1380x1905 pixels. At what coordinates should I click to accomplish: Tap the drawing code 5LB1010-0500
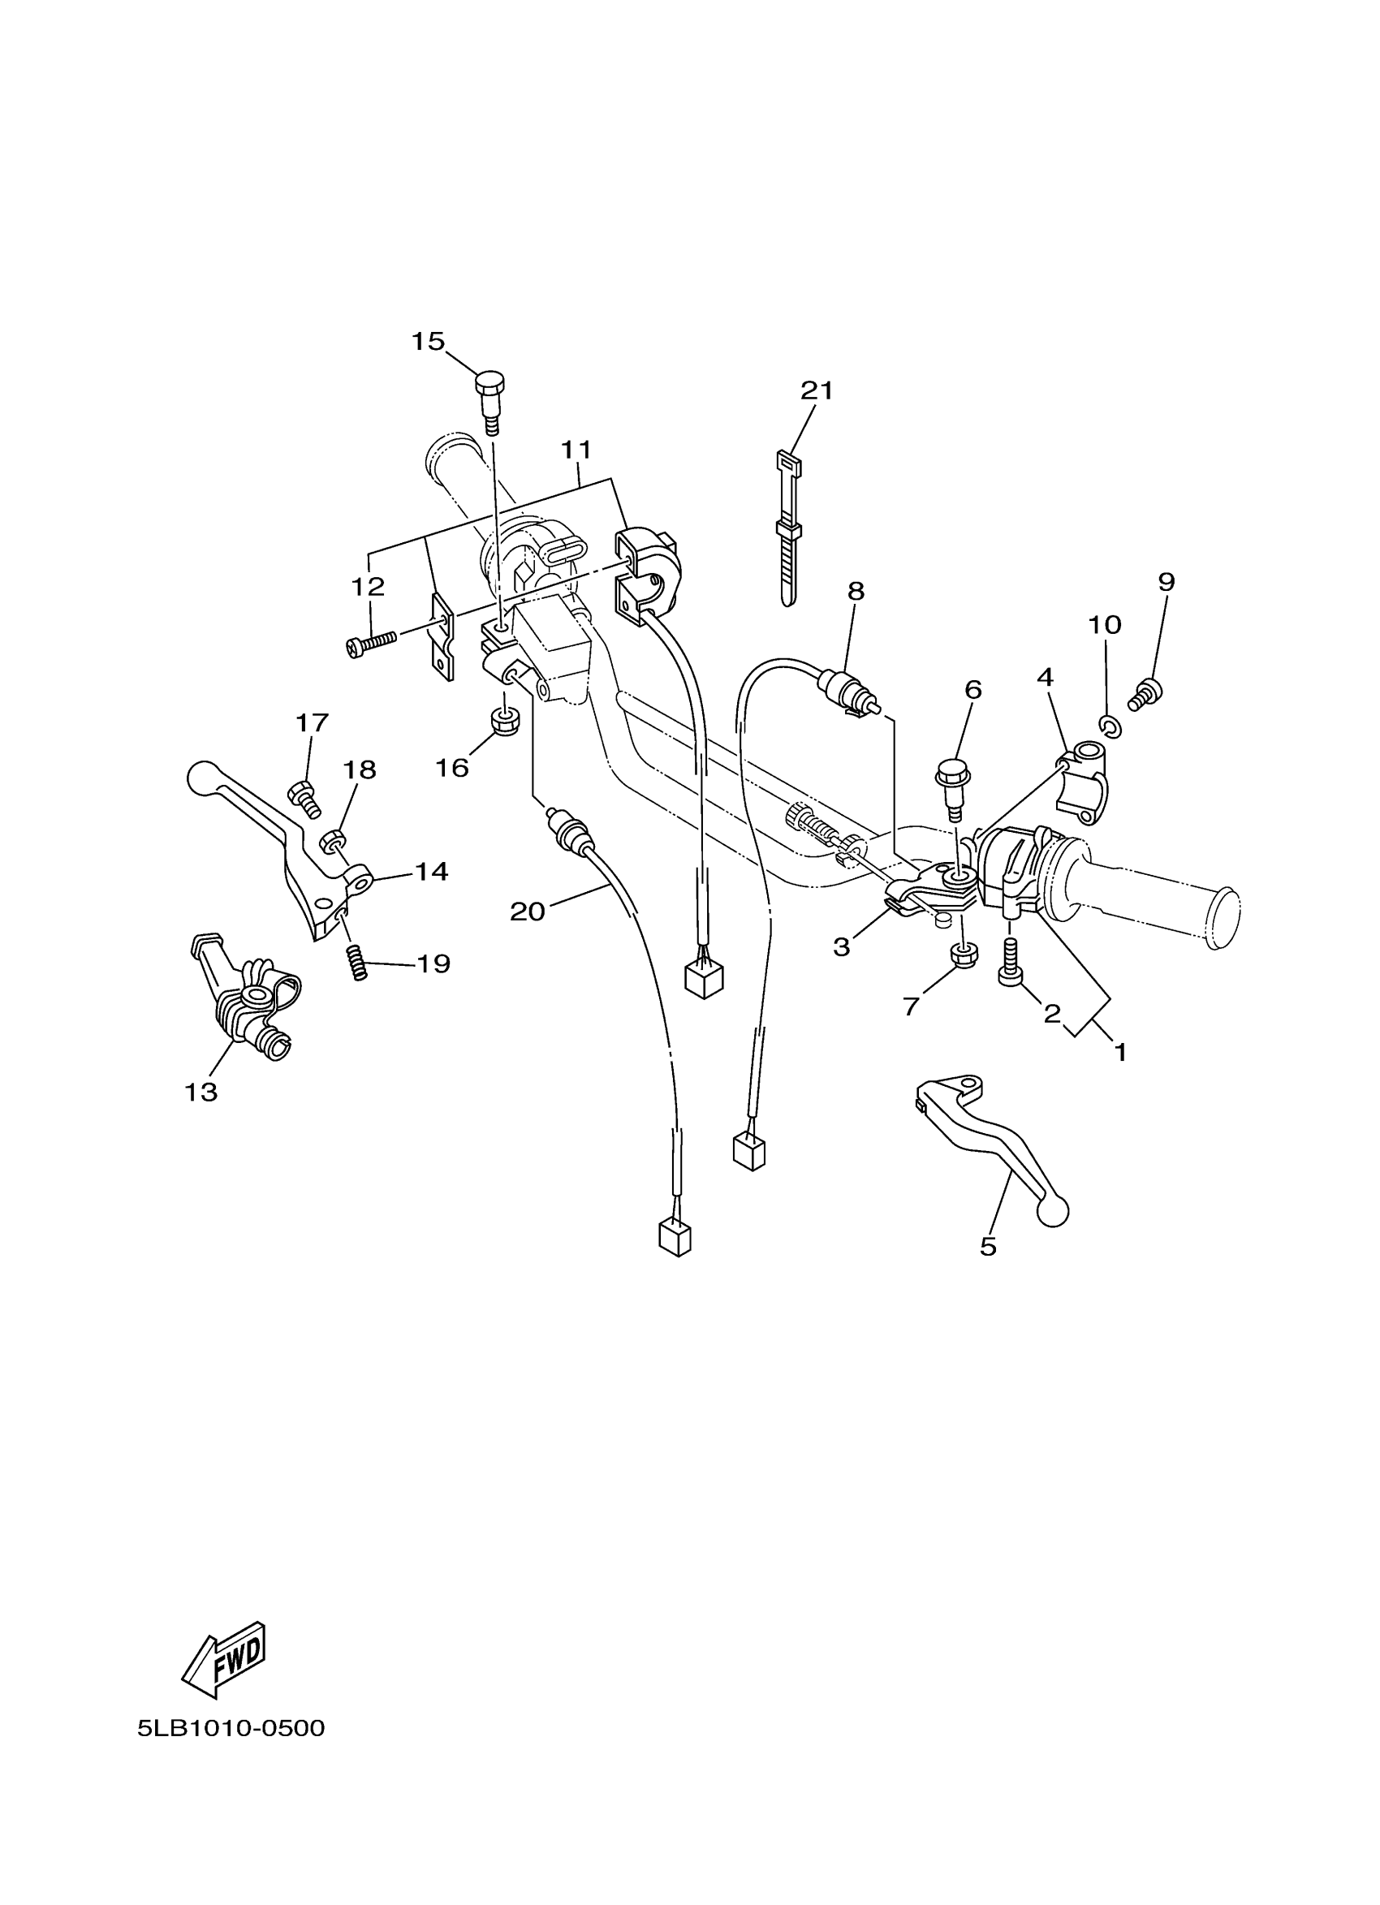[x=231, y=1728]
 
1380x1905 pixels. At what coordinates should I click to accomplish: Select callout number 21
[x=817, y=390]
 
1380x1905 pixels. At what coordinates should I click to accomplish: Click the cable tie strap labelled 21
[x=788, y=529]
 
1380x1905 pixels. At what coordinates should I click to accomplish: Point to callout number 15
[x=428, y=341]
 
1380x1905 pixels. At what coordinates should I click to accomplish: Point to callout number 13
[x=201, y=1092]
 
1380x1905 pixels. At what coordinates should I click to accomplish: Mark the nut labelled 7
[x=964, y=955]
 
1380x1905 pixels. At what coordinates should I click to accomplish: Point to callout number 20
[x=528, y=912]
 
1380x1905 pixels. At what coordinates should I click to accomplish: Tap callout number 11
[x=576, y=450]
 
